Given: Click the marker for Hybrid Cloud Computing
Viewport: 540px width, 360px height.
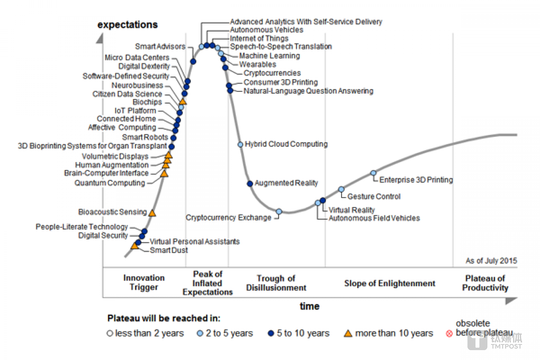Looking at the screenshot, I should point(240,144).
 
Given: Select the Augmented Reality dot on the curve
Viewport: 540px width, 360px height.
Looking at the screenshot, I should point(250,183).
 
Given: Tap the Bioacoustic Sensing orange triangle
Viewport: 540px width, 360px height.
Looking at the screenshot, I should point(152,213).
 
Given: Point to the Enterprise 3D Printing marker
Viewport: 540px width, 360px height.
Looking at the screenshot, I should point(373,173).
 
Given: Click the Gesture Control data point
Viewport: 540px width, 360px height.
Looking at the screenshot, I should point(341,189).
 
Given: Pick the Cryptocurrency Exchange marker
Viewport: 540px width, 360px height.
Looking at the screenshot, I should point(279,211).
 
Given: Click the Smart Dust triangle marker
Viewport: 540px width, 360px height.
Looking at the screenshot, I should point(135,246).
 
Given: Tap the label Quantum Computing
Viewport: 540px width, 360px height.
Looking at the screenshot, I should point(109,183).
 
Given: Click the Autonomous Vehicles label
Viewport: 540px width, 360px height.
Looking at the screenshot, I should point(266,30).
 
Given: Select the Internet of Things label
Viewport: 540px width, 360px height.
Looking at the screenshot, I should point(259,38).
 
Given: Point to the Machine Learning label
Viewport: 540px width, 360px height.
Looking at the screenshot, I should point(269,55).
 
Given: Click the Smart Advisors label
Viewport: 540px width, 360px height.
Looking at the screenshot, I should point(160,46).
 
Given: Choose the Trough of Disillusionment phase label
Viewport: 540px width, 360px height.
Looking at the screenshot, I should point(276,283).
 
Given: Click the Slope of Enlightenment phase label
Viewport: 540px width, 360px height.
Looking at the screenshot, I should point(390,283).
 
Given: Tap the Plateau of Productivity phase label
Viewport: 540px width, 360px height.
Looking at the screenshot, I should point(485,283).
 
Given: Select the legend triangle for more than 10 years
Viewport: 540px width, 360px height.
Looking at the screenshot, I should point(348,333).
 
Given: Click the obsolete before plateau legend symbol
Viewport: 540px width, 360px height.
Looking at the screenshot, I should point(449,333).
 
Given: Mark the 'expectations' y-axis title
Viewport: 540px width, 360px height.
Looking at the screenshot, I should point(127,25).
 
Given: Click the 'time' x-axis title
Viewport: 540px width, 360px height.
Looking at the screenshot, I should point(309,306).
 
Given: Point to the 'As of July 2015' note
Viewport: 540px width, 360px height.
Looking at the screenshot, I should point(491,261).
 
